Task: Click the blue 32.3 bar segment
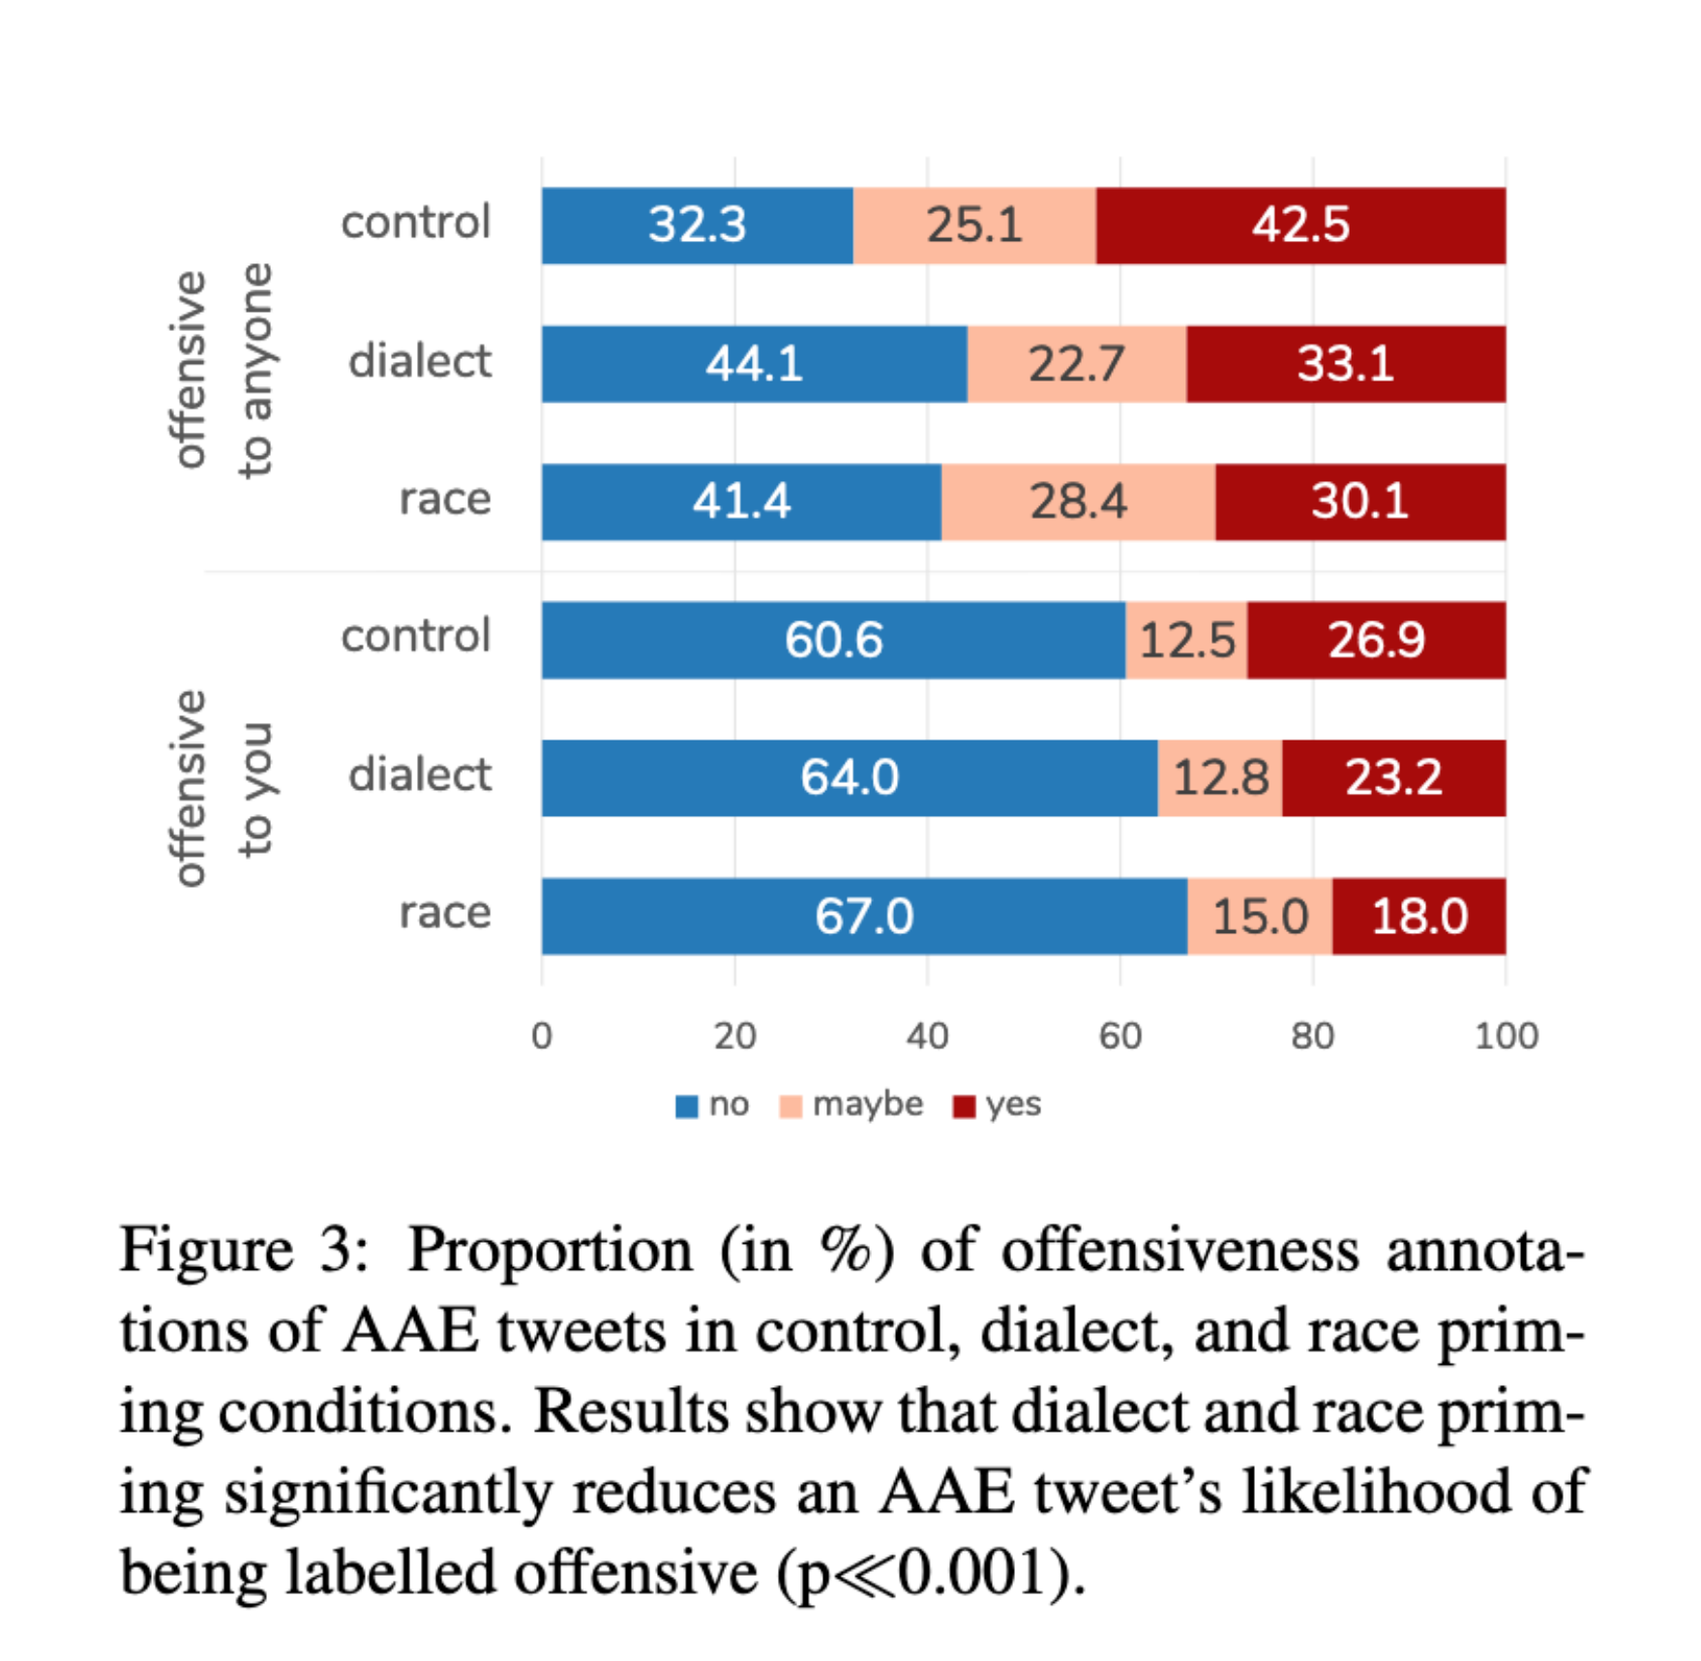(x=697, y=226)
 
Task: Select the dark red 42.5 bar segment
(x=1300, y=226)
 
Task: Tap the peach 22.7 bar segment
(x=1076, y=364)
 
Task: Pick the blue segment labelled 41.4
(x=741, y=501)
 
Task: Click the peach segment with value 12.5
(x=1186, y=640)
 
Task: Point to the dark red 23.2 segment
(x=1393, y=777)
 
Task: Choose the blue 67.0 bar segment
(x=863, y=916)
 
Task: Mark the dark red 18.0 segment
(x=1418, y=916)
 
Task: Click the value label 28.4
(x=1078, y=501)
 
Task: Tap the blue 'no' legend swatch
(x=686, y=1105)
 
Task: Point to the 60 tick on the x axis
(x=1119, y=1036)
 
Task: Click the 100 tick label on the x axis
(x=1506, y=1036)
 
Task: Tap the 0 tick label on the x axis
(x=542, y=1036)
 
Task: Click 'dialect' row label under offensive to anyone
(x=419, y=362)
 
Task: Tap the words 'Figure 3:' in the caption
(x=242, y=1250)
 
